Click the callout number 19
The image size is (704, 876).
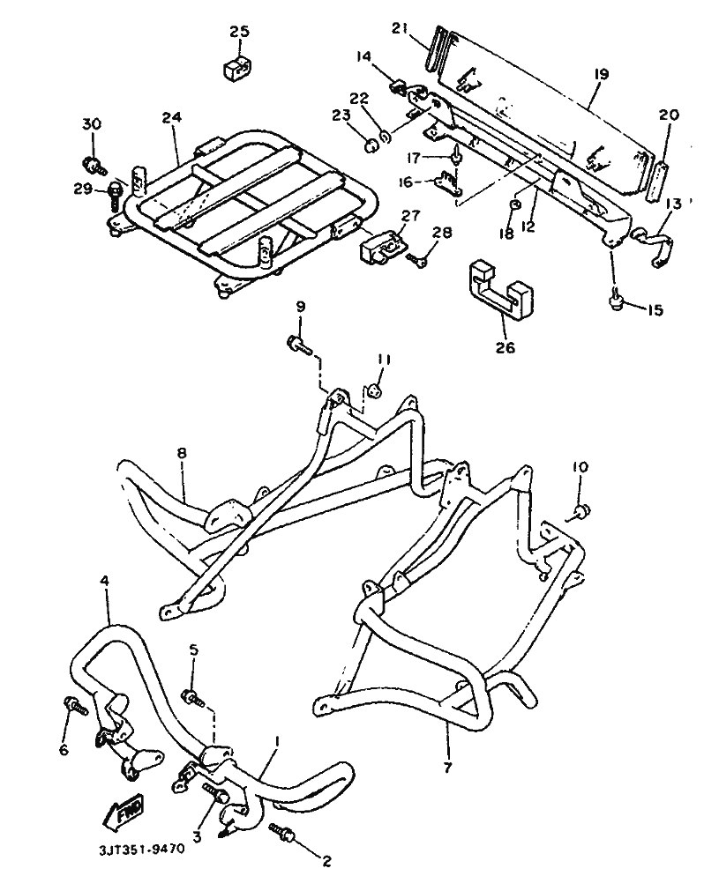point(601,74)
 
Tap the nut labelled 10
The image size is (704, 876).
point(582,510)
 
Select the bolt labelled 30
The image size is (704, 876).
point(94,164)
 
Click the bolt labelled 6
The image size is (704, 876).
point(76,706)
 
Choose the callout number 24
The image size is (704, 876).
point(172,118)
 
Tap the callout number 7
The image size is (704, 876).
point(447,768)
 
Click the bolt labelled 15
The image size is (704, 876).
point(617,300)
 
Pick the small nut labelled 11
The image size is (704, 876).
point(376,390)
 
